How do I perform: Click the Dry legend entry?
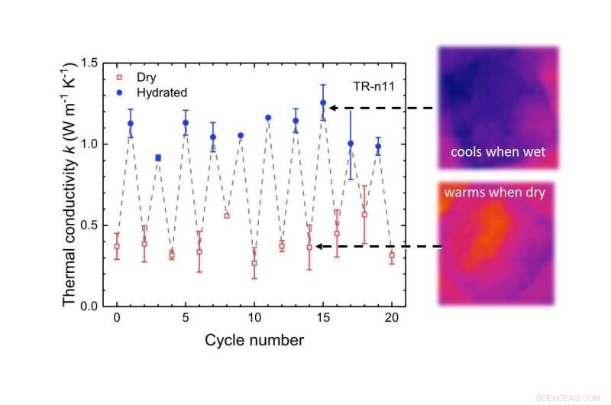[x=145, y=77]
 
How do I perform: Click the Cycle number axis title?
[x=254, y=339]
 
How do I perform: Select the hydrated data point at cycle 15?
[x=323, y=102]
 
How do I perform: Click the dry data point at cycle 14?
[x=309, y=247]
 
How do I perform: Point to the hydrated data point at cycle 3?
[x=158, y=157]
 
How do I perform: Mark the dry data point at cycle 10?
[x=254, y=263]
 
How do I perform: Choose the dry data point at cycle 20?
[x=392, y=255]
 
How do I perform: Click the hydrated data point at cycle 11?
[x=268, y=118]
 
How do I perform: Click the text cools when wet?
[x=498, y=152]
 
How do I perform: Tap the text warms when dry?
[x=494, y=193]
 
